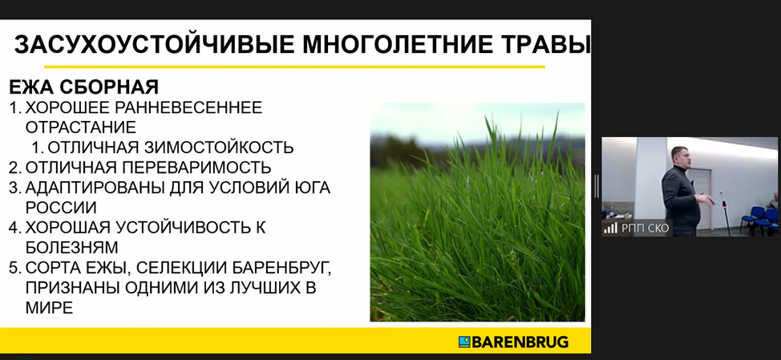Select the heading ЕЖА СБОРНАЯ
(83, 87)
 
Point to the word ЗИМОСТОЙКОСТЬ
(219, 148)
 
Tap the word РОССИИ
(61, 208)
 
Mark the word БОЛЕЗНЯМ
(72, 248)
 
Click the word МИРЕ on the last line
(49, 308)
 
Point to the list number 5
(14, 268)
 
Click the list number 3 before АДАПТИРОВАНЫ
(14, 188)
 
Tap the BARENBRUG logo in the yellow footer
(513, 342)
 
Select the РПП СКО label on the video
(645, 229)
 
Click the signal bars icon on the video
(611, 229)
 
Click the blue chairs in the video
(759, 218)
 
